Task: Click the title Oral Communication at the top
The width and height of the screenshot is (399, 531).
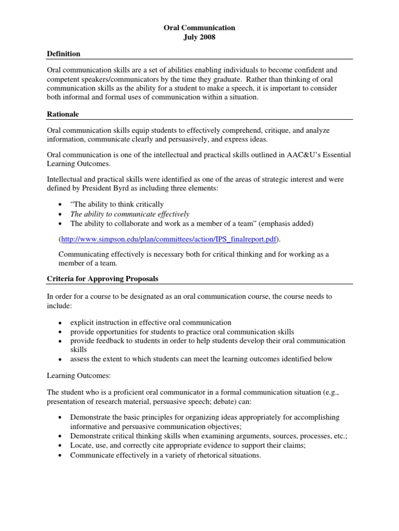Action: pos(199,27)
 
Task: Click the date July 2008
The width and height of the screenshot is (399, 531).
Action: pos(199,37)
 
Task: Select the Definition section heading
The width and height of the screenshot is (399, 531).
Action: pos(63,54)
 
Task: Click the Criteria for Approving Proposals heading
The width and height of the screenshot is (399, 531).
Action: pos(102,279)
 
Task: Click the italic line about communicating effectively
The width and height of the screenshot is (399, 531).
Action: pos(130,214)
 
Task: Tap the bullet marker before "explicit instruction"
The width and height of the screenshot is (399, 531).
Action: pos(61,323)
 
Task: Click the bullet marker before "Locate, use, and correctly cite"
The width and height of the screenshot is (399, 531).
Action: pos(61,445)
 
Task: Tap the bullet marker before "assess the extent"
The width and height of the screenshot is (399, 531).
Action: pos(61,359)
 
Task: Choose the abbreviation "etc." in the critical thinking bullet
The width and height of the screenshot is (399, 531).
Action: pos(340,436)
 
